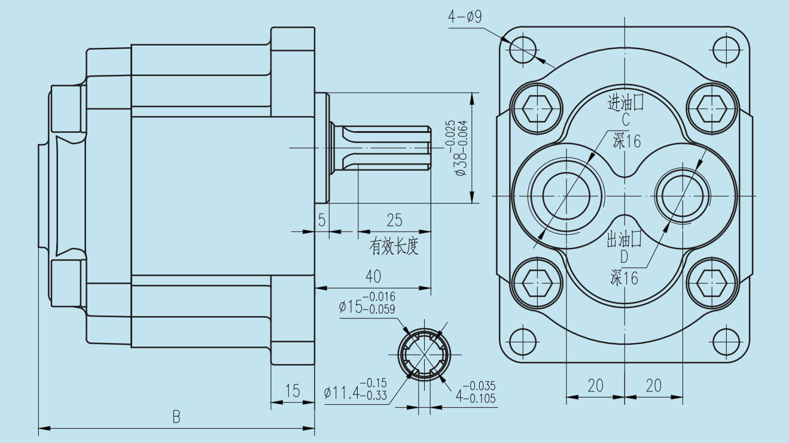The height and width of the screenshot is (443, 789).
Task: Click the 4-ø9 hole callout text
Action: tap(465, 17)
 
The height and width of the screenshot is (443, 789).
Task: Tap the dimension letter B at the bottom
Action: tap(176, 417)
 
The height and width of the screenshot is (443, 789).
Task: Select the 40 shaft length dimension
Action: tap(373, 276)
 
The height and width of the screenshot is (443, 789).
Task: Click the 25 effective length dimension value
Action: tap(394, 220)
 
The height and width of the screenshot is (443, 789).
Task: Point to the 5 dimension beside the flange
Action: tap(322, 220)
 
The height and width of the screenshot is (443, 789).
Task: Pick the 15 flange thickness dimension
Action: tap(292, 392)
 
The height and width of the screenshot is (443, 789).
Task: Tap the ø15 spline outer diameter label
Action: tap(367, 303)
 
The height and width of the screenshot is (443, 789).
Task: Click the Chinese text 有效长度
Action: tap(394, 246)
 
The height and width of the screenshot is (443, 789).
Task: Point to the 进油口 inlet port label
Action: tap(625, 103)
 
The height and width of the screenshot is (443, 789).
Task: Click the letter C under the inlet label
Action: tap(625, 120)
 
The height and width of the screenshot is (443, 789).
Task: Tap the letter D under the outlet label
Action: tap(624, 257)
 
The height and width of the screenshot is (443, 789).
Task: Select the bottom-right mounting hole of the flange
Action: tap(726, 342)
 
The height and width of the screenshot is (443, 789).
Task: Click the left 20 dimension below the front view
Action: tap(595, 386)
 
